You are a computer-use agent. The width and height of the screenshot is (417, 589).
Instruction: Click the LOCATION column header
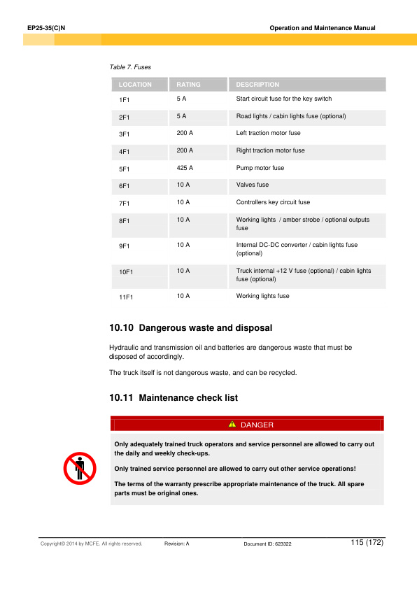coord(135,85)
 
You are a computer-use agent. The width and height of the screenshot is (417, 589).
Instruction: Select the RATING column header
coord(188,85)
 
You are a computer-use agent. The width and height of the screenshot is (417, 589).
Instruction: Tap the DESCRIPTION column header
coord(257,85)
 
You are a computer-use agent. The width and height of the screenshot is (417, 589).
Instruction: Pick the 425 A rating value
coord(185,168)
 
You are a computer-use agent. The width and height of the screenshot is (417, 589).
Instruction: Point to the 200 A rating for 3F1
coord(185,133)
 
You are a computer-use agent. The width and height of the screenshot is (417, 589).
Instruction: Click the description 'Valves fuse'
coord(253,185)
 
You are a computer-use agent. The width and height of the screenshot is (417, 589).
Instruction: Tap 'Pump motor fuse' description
coord(260,168)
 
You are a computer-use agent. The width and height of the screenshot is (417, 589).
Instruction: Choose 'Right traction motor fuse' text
coord(270,150)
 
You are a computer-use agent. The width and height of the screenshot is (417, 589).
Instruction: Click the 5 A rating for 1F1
coord(181,99)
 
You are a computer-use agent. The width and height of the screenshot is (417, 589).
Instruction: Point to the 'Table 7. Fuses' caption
coord(130,67)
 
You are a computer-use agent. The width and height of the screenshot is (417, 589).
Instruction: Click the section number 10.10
coord(122,327)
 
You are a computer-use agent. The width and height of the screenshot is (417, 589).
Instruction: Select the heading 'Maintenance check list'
coord(188,398)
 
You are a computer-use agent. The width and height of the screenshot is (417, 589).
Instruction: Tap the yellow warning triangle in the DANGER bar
coord(232,425)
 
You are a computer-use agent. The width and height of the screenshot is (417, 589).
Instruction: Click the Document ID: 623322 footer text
coord(267,544)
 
